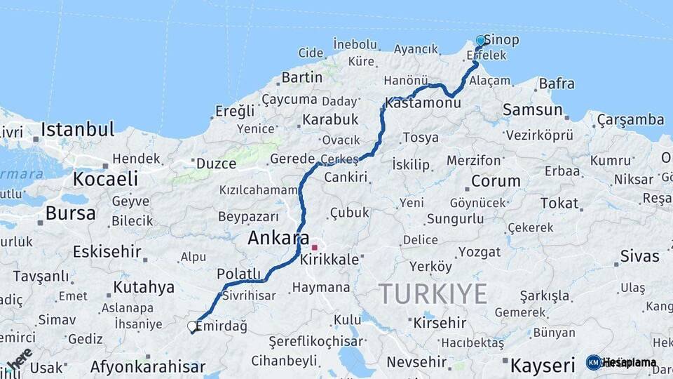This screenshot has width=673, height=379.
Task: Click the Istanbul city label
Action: pyautogui.click(x=77, y=129)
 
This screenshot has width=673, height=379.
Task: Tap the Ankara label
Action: pyautogui.click(x=278, y=239)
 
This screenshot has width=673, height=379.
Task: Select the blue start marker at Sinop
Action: pyautogui.click(x=481, y=41)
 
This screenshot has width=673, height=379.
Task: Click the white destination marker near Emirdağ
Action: pyautogui.click(x=192, y=326)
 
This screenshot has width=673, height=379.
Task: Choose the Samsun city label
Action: pyautogui.click(x=533, y=109)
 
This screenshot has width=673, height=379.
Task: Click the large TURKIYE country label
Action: pyautogui.click(x=433, y=293)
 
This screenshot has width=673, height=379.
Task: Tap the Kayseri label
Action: pyautogui.click(x=543, y=365)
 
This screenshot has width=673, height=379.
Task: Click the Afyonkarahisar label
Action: pyautogui.click(x=148, y=366)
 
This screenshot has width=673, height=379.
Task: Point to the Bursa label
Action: pyautogui.click(x=70, y=213)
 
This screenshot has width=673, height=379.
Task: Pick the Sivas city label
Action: pyautogui.click(x=639, y=256)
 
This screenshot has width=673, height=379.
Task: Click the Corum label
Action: pyautogui.click(x=496, y=181)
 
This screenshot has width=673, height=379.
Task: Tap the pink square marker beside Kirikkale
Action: pyautogui.click(x=315, y=247)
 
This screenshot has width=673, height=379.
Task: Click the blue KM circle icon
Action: pyautogui.click(x=594, y=362)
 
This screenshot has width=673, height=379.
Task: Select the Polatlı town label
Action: pyautogui.click(x=239, y=274)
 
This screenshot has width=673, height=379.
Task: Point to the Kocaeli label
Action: pyautogui.click(x=106, y=179)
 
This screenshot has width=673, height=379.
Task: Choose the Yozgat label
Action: pyautogui.click(x=480, y=251)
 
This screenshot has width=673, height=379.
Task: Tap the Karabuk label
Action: pyautogui.click(x=329, y=119)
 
